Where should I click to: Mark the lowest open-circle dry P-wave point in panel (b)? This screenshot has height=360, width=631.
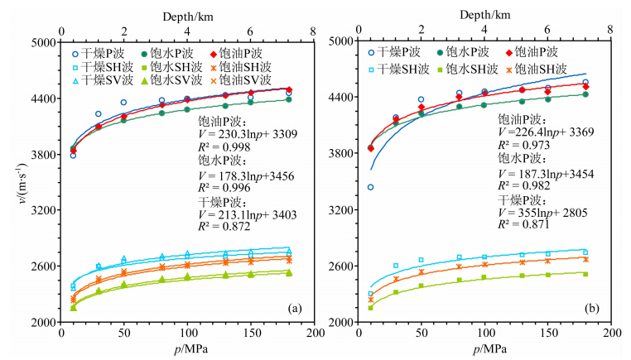[x=370, y=187]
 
